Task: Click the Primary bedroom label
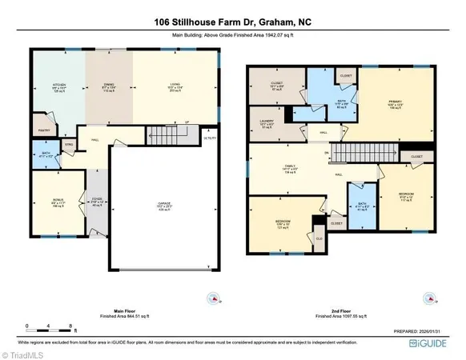(x=394, y=103)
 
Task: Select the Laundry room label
(x=267, y=123)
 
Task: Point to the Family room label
(x=279, y=167)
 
